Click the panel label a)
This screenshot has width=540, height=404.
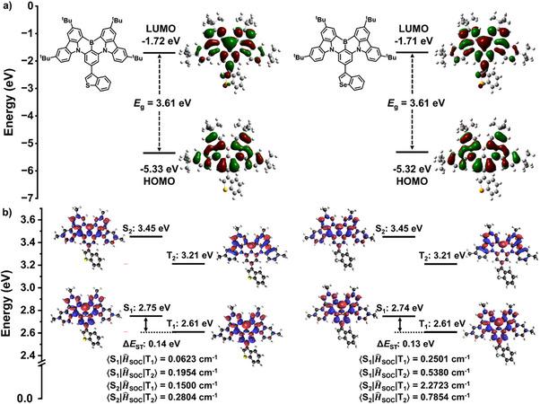tap(7, 7)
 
